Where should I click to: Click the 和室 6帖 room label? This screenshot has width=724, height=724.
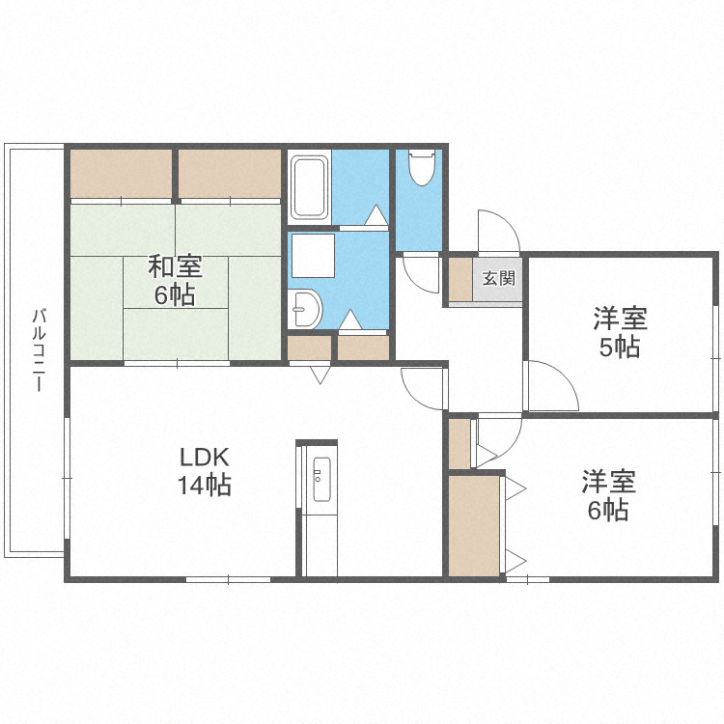coord(175,281)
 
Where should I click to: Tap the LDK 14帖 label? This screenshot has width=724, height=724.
coord(205,471)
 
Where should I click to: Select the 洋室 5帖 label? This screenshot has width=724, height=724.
coord(620,332)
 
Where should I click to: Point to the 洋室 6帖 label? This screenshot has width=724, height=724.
coord(608,495)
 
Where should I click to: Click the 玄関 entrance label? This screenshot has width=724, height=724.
coord(498,278)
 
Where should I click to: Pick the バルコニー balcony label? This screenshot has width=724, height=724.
coord(40,350)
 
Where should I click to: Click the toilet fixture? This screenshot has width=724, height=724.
coord(422,167)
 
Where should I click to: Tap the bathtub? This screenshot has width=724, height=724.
coord(309,188)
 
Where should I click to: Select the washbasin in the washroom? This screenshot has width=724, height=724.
coord(305,309)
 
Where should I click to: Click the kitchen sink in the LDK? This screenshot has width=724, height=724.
coord(321,479)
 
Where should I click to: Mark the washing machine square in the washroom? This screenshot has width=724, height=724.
coord(313,256)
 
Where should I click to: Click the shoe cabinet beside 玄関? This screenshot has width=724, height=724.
coord(460,280)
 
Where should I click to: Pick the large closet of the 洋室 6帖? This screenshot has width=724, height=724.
coord(474,526)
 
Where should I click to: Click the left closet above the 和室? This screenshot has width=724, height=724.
coord(121,174)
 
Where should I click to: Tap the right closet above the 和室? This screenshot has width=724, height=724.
coord(230,174)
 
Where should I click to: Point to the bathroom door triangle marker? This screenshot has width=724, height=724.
coord(376,215)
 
